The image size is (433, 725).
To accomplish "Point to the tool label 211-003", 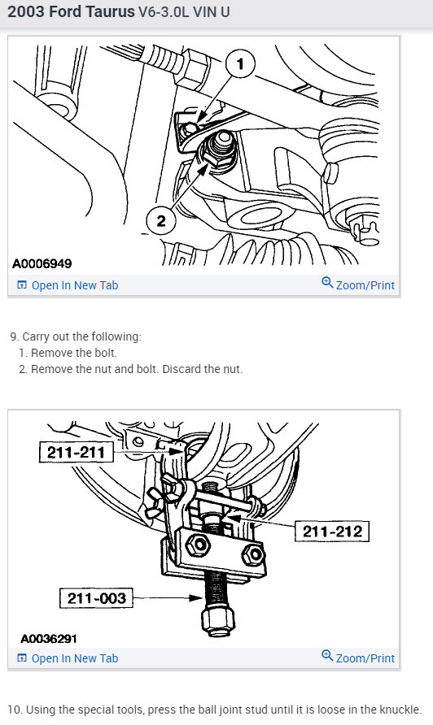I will coord(96,599).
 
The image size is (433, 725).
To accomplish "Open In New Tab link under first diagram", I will coord(74,285).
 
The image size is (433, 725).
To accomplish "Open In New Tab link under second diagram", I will coord(74,658).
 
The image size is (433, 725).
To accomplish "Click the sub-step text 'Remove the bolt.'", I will coord(74,353).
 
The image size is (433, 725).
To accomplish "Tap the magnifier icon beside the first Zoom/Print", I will coord(327,284).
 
